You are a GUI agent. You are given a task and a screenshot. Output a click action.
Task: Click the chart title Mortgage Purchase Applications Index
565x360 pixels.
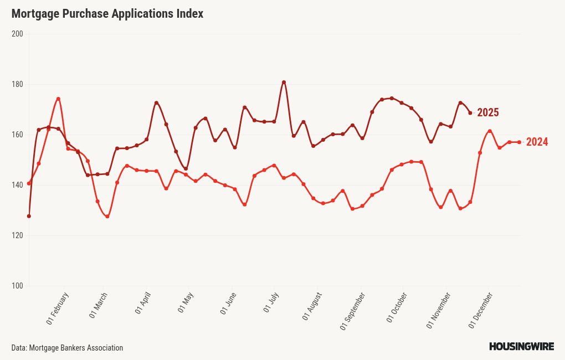(107, 14)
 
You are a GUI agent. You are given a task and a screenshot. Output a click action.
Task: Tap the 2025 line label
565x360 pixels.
(487, 113)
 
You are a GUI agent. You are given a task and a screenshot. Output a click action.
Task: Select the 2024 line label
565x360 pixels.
(537, 142)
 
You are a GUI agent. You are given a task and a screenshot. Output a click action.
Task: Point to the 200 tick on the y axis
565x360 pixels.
(17, 34)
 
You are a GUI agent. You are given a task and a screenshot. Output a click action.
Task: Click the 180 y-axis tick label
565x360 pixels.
(17, 84)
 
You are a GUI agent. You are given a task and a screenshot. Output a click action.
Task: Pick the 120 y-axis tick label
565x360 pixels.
(17, 235)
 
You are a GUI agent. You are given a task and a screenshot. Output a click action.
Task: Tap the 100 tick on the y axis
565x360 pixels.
(17, 286)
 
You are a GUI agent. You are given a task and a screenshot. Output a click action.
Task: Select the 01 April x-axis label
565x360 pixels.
(143, 304)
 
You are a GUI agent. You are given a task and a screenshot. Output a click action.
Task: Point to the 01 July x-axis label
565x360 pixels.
(272, 303)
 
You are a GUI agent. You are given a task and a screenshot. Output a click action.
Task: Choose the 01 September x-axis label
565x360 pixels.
(352, 311)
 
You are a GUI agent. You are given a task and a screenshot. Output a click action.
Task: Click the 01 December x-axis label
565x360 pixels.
(481, 310)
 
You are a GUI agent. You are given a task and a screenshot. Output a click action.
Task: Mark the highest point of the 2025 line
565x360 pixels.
(284, 83)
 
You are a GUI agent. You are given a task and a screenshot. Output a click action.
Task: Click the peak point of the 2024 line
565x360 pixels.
(58, 99)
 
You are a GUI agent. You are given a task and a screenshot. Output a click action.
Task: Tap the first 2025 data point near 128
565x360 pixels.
(29, 216)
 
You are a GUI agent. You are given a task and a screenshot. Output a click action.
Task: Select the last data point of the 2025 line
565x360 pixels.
(470, 113)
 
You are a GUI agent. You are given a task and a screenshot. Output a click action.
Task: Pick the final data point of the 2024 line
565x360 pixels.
(519, 142)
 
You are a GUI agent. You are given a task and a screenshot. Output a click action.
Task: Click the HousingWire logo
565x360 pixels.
(521, 347)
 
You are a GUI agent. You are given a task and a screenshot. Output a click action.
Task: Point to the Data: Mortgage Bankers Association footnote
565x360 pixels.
(67, 348)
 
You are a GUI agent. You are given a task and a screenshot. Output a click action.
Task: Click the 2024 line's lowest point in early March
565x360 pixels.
(107, 217)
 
